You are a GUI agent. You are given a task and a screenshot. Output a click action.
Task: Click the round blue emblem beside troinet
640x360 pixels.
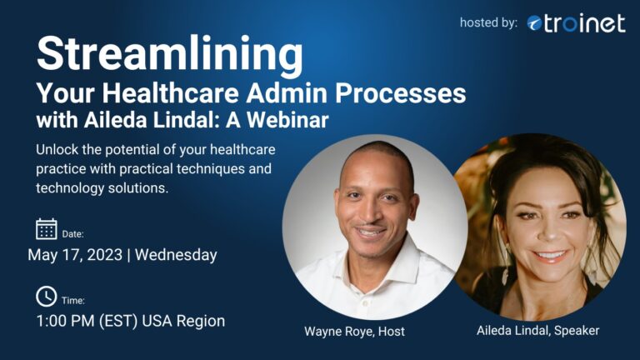[534, 23]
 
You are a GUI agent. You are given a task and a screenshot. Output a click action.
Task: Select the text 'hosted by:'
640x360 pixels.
[488, 22]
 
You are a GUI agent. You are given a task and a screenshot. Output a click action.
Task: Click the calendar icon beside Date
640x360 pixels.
[47, 228]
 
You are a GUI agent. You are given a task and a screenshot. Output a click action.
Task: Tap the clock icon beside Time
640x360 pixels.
[47, 297]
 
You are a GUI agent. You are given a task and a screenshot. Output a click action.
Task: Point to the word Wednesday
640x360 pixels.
[176, 255]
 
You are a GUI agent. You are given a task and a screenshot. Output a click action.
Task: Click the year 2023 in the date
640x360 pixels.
[104, 255]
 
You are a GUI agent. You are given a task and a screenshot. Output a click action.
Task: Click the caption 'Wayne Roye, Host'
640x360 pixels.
[354, 331]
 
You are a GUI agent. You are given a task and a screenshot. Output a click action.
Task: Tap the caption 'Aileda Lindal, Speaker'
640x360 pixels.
[538, 330]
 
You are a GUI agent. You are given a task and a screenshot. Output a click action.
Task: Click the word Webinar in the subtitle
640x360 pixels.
[287, 120]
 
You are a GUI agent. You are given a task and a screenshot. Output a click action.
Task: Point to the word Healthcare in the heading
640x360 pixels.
[170, 93]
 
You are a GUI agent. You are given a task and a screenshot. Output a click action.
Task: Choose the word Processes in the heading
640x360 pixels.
[400, 93]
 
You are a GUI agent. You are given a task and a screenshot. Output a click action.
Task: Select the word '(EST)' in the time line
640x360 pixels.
[118, 321]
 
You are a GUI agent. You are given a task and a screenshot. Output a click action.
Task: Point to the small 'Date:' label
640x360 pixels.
[72, 234]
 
